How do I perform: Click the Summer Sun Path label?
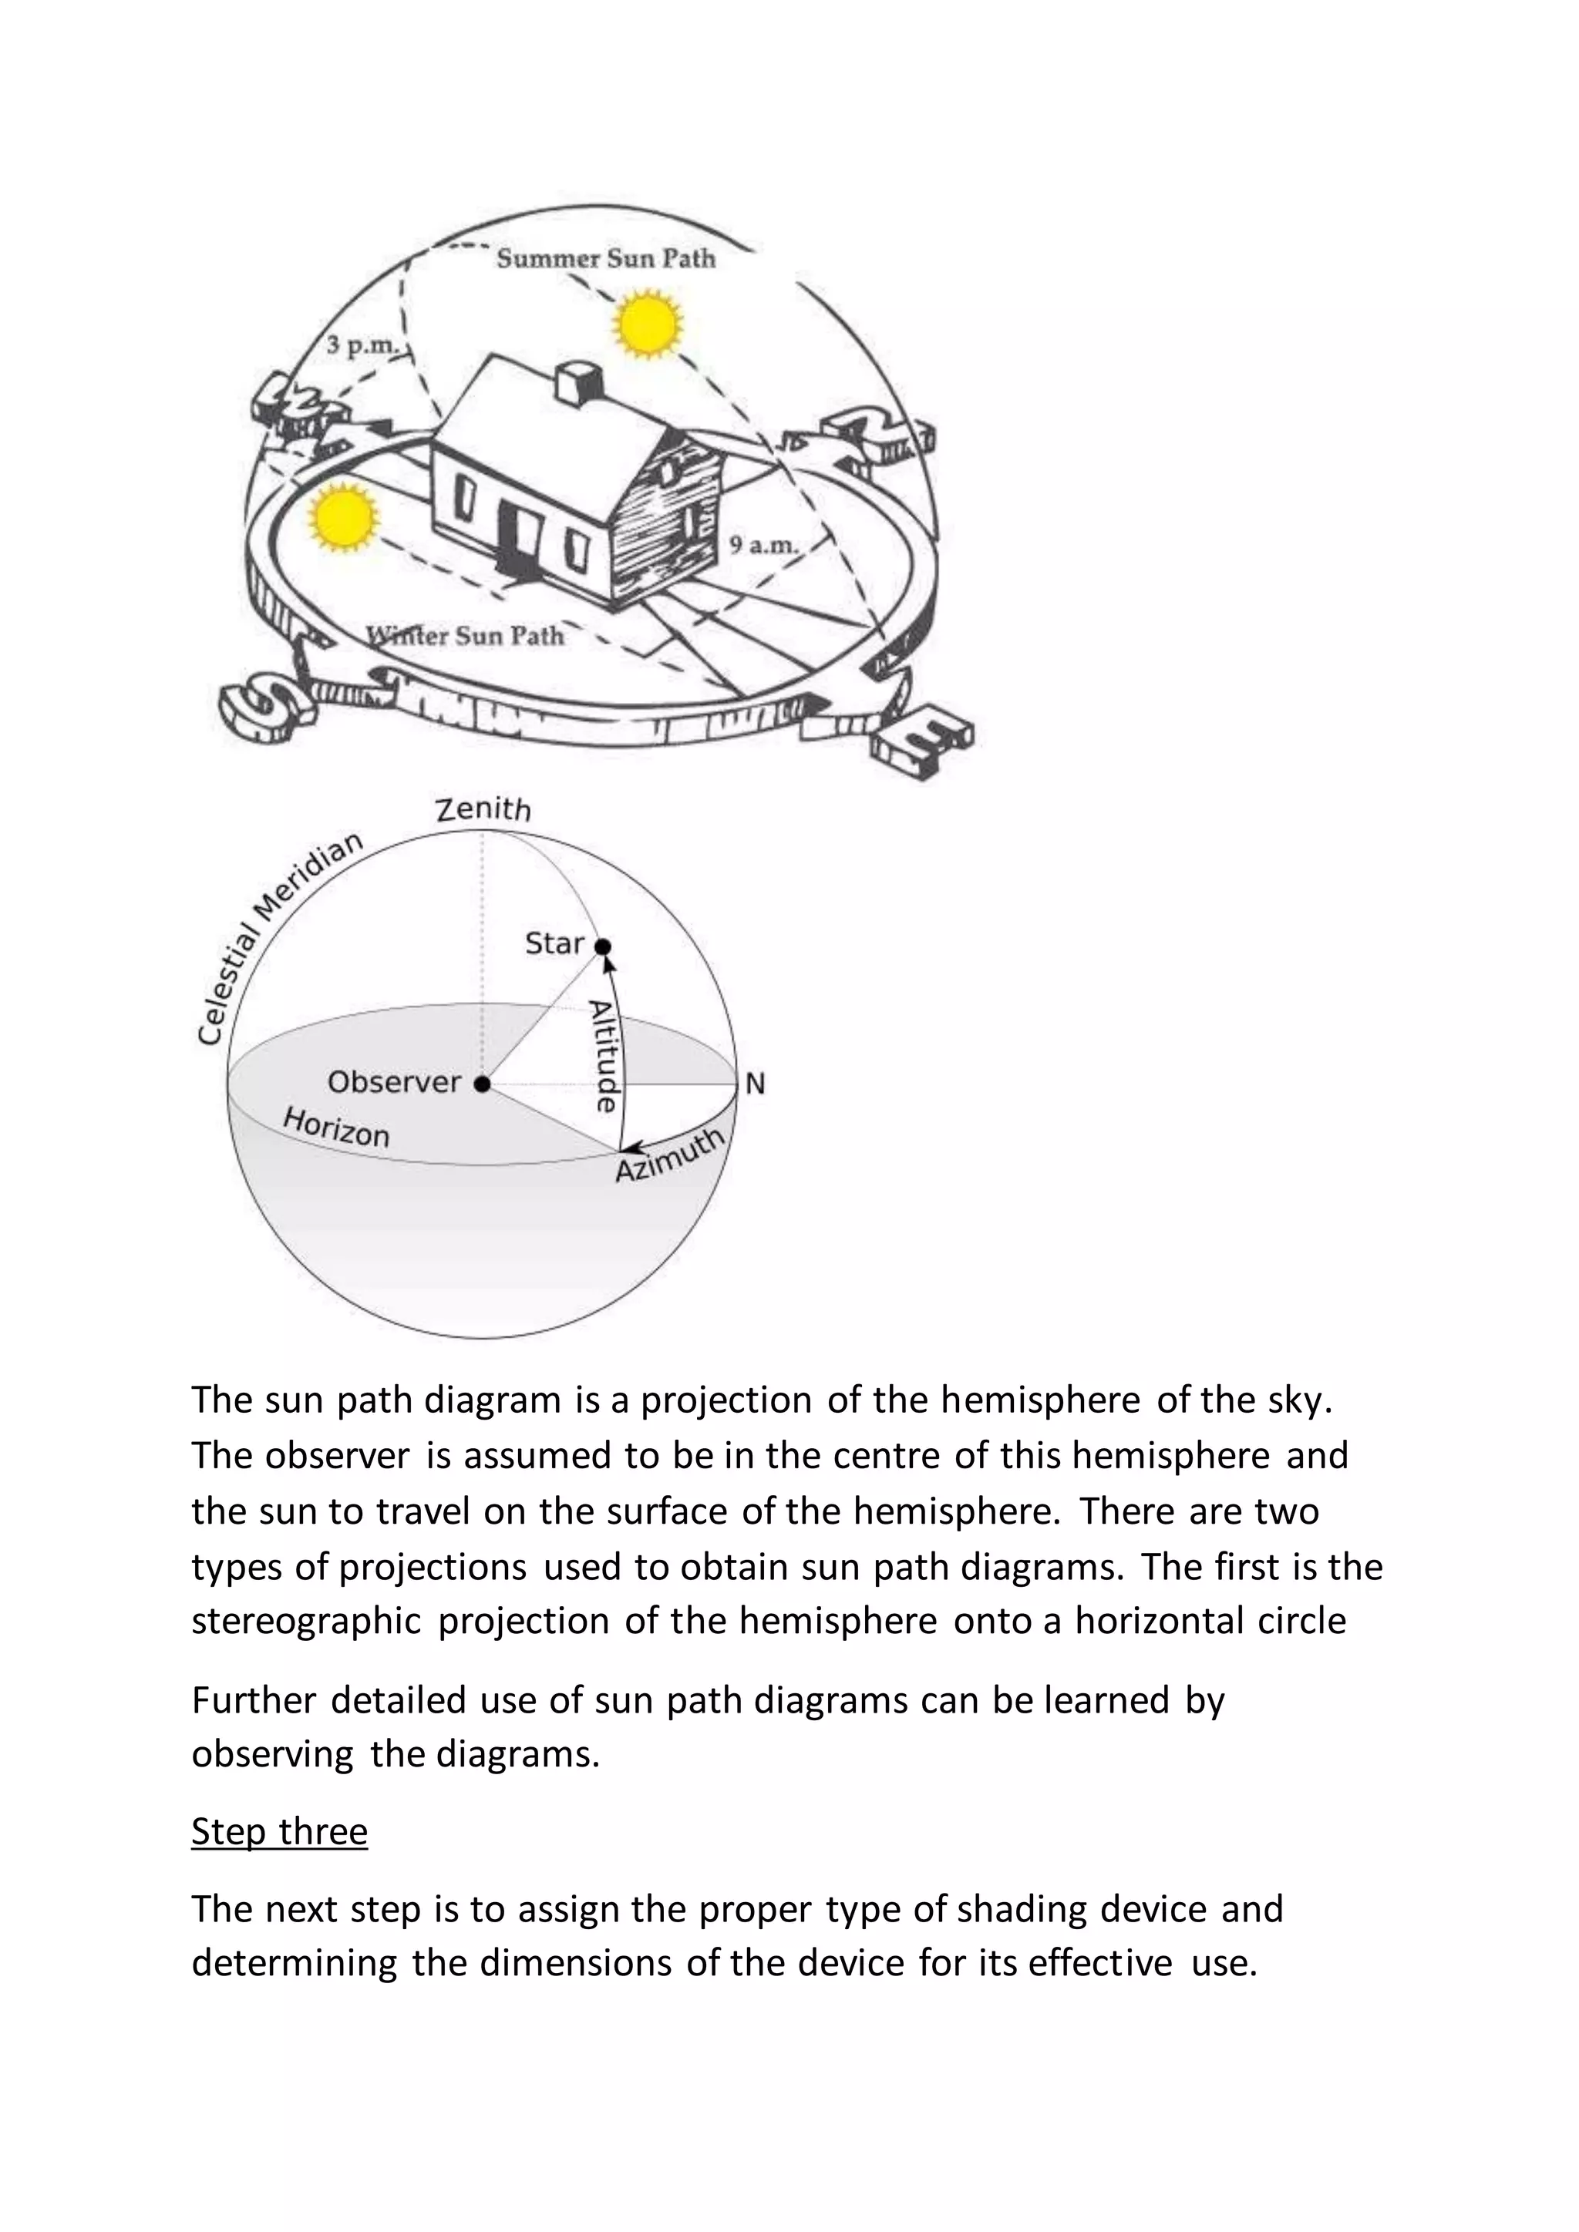(x=606, y=259)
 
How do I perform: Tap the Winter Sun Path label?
(x=465, y=636)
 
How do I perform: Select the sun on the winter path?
(x=342, y=517)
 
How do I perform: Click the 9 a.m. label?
(x=764, y=546)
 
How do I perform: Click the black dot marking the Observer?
(x=482, y=1083)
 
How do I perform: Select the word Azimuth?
(x=671, y=1156)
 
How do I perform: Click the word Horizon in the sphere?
(x=336, y=1128)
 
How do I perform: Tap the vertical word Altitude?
(x=604, y=1056)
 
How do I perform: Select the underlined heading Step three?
(x=279, y=1831)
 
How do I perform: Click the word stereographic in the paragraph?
(x=306, y=1622)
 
